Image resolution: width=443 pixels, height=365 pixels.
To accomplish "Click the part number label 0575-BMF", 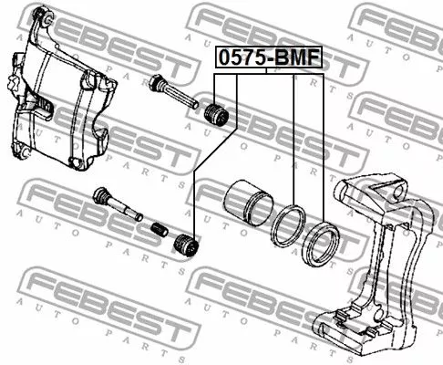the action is coord(269,57).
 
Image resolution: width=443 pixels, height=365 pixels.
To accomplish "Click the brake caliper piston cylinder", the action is coord(249,203).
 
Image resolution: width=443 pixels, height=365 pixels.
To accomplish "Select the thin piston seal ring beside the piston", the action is coord(287,225).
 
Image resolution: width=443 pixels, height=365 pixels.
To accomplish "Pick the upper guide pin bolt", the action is coord(174,91).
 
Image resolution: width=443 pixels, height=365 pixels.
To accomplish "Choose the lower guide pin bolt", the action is coord(118,203).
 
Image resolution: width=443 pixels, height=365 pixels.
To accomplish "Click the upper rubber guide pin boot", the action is coord(216,115).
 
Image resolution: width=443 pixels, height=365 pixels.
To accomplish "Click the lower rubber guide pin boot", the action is coord(186,245).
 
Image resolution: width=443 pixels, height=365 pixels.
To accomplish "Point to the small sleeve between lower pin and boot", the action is coord(160,230).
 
